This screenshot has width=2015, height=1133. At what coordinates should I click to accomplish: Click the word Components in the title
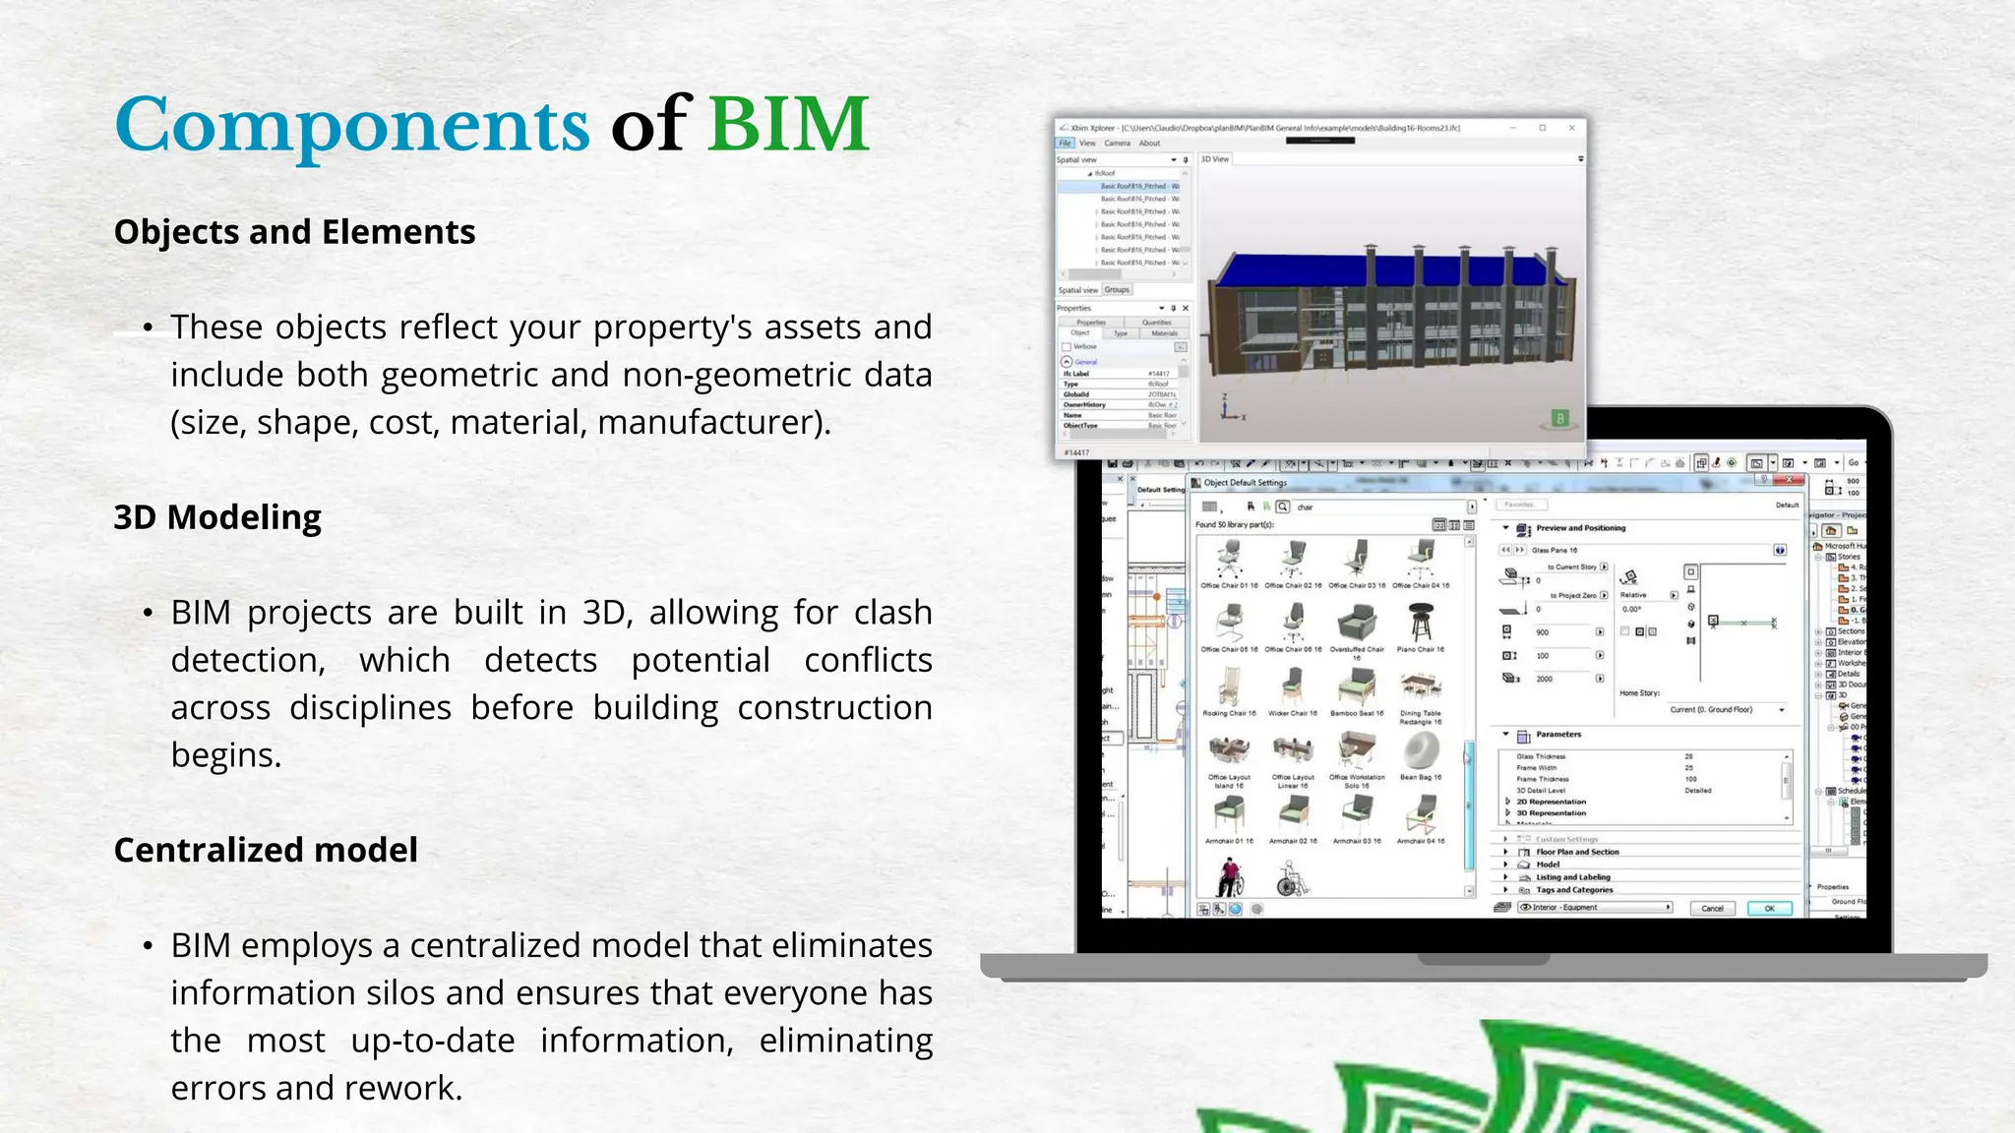pyautogui.click(x=351, y=126)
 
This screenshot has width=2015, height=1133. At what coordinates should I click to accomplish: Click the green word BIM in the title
pyautogui.click(x=788, y=126)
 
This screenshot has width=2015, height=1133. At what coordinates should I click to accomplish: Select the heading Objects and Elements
pyautogui.click(x=294, y=232)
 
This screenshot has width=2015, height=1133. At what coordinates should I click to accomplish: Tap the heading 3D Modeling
pyautogui.click(x=217, y=517)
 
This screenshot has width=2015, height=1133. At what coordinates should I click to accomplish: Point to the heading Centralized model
pyautogui.click(x=266, y=850)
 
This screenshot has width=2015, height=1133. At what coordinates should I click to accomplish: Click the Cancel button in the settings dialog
pyautogui.click(x=1712, y=908)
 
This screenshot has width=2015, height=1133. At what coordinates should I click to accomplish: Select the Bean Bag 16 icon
pyautogui.click(x=1420, y=753)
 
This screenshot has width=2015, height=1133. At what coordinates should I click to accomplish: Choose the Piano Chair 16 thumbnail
pyautogui.click(x=1420, y=624)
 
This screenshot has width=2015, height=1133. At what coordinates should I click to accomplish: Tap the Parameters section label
pyautogui.click(x=1558, y=735)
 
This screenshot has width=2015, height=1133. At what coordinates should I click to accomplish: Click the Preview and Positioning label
pyautogui.click(x=1580, y=528)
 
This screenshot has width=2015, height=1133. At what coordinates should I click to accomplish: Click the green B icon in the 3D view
pyautogui.click(x=1559, y=418)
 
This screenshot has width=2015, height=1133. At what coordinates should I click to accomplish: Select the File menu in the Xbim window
pyautogui.click(x=1065, y=144)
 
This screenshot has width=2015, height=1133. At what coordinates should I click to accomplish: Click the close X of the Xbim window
pyautogui.click(x=1571, y=128)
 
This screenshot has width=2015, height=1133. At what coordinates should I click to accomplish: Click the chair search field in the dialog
pyautogui.click(x=1377, y=507)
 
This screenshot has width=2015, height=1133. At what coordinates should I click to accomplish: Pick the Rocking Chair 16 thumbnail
pyautogui.click(x=1229, y=687)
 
